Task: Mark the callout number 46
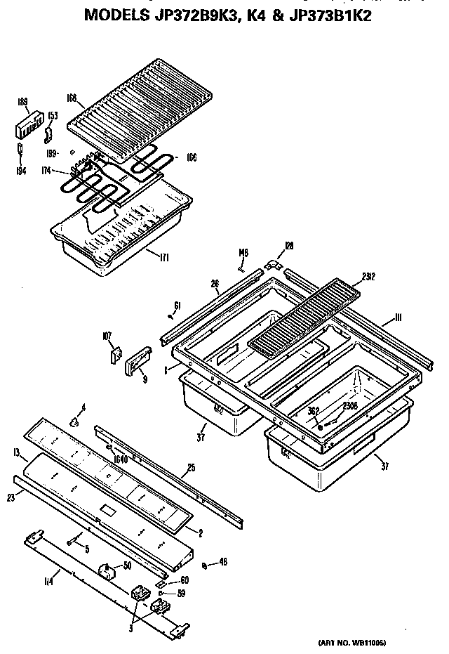(222, 563)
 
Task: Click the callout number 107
(107, 337)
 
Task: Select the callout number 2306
(350, 406)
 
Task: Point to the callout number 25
(190, 468)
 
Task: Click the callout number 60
(185, 580)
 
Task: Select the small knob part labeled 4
(73, 421)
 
